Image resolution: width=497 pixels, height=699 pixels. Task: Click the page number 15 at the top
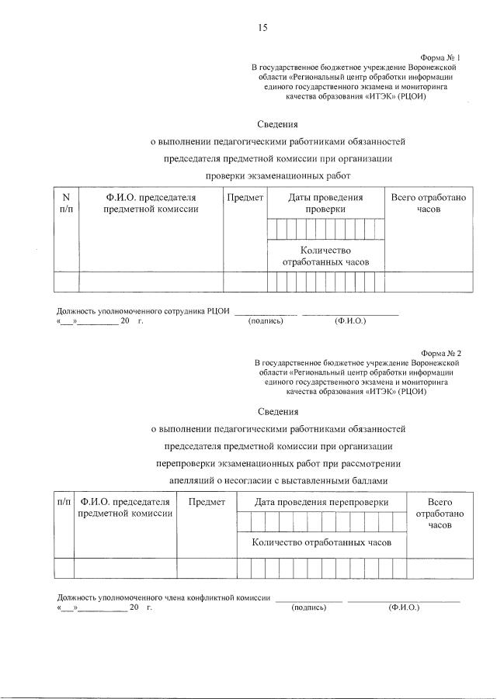(262, 28)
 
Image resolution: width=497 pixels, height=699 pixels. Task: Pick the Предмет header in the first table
(245, 198)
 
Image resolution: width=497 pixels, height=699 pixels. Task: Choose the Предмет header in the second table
(207, 502)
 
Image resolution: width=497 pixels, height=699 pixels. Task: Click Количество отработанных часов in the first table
(325, 256)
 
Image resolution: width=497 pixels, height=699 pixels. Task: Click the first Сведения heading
(277, 123)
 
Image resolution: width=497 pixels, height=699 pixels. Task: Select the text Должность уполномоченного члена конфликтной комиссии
(164, 598)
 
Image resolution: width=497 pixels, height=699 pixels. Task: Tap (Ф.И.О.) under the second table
(403, 607)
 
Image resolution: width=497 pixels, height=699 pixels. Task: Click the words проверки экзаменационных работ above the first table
(278, 176)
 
